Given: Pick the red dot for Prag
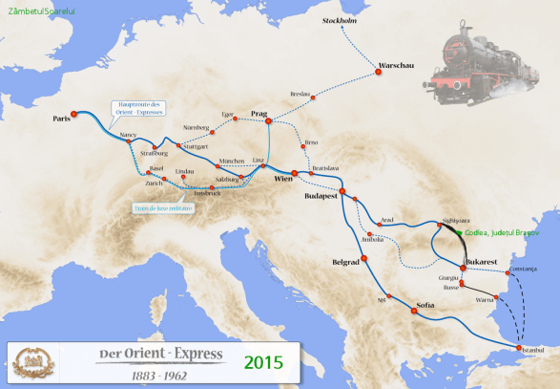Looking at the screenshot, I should (269, 121).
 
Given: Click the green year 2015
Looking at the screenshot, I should (263, 362).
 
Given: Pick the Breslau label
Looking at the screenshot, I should (301, 94).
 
